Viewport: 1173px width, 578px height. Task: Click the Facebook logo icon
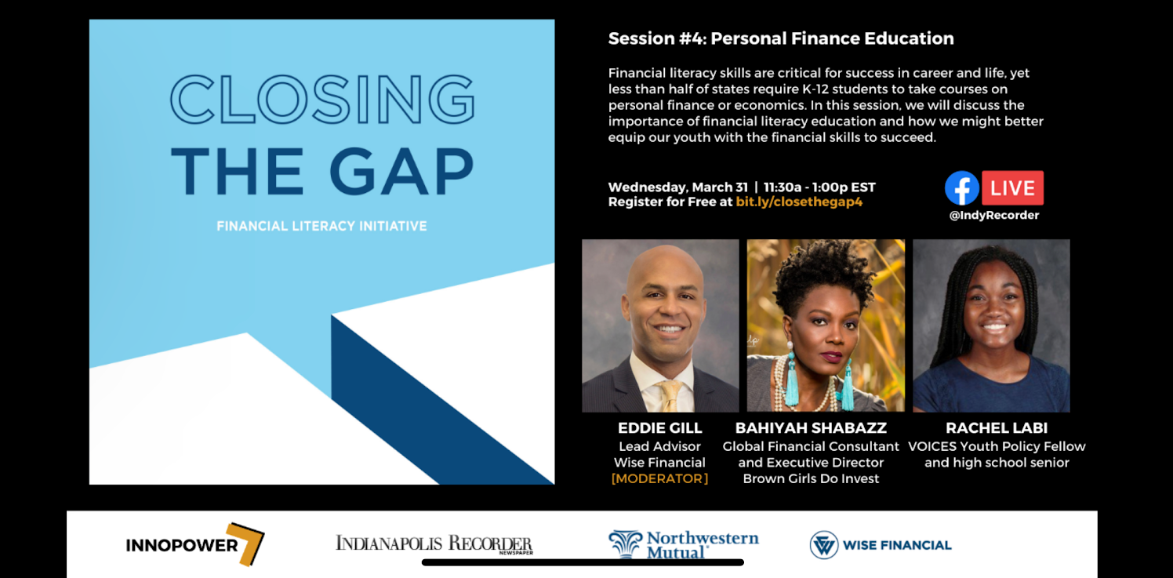click(961, 188)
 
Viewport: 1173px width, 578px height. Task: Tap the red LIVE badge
click(1012, 188)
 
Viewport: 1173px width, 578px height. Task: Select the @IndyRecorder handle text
click(993, 216)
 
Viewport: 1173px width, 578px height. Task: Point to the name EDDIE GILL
click(659, 428)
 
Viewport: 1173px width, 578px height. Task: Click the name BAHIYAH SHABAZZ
click(811, 428)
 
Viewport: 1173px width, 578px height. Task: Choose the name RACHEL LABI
click(996, 428)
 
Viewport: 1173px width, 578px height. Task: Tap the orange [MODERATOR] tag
click(659, 478)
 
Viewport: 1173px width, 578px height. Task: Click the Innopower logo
click(194, 544)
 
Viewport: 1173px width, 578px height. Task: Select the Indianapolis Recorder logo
click(434, 543)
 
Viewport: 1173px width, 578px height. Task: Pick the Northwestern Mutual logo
click(684, 544)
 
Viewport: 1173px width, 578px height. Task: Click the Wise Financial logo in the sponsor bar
click(881, 545)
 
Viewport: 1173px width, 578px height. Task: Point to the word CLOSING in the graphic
click(322, 100)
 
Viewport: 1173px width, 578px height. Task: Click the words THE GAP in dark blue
click(322, 171)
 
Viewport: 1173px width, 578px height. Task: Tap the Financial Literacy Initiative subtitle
click(321, 227)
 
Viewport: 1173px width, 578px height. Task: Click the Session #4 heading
click(781, 38)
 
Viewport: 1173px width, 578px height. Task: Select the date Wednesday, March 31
click(677, 187)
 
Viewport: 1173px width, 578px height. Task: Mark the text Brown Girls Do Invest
click(811, 478)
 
